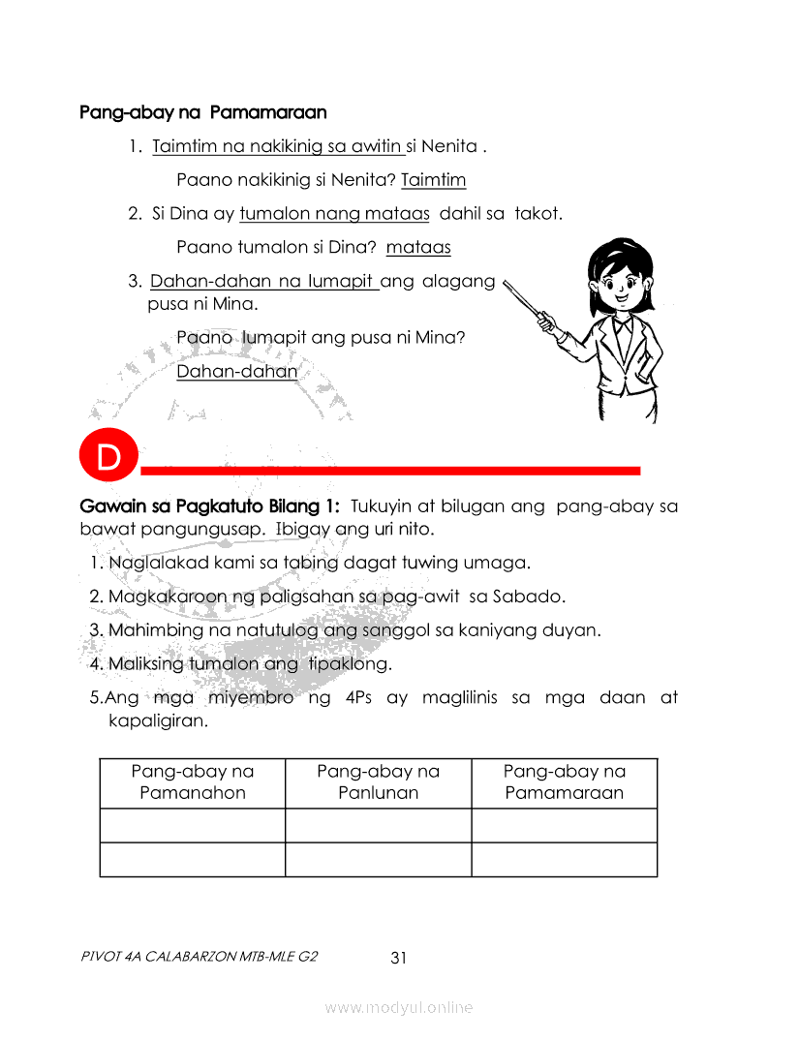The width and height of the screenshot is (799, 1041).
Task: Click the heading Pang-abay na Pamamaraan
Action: click(203, 112)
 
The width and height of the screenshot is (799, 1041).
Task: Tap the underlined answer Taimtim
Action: click(433, 180)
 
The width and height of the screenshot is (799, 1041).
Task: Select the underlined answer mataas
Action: click(418, 248)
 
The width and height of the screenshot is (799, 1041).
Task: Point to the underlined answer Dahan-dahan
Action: click(236, 372)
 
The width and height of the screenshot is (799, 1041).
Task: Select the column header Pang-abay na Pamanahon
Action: click(192, 782)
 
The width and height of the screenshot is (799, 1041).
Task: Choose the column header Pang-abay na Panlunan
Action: click(378, 782)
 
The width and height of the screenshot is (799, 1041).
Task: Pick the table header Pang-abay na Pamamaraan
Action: click(564, 782)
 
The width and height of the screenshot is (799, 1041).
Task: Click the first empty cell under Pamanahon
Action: click(192, 825)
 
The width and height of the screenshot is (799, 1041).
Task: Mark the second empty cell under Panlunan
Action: click(378, 860)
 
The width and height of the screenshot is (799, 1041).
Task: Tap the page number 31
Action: click(398, 959)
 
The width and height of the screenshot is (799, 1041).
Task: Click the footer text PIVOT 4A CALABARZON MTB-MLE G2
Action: click(200, 957)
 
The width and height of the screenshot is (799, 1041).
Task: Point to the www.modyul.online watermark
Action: click(399, 1008)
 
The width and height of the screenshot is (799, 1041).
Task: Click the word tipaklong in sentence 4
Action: click(350, 664)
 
